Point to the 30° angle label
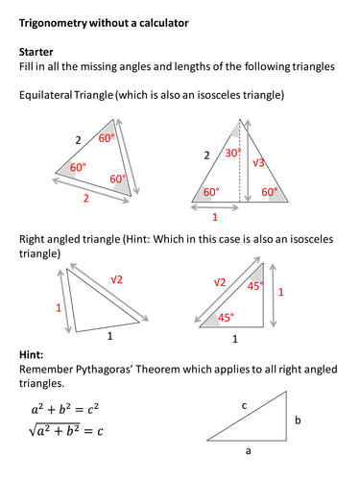pyautogui.click(x=231, y=153)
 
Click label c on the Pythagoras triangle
pyautogui.click(x=244, y=406)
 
